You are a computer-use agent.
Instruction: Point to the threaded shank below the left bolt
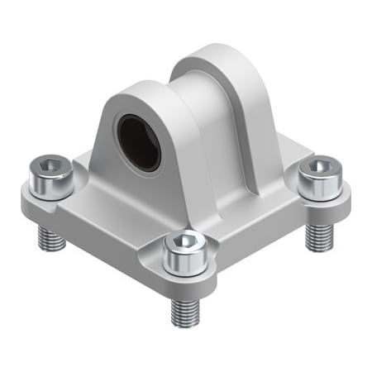click(x=51, y=239)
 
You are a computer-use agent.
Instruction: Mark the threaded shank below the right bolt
click(x=317, y=236)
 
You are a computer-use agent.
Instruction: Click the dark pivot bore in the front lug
click(x=137, y=142)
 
